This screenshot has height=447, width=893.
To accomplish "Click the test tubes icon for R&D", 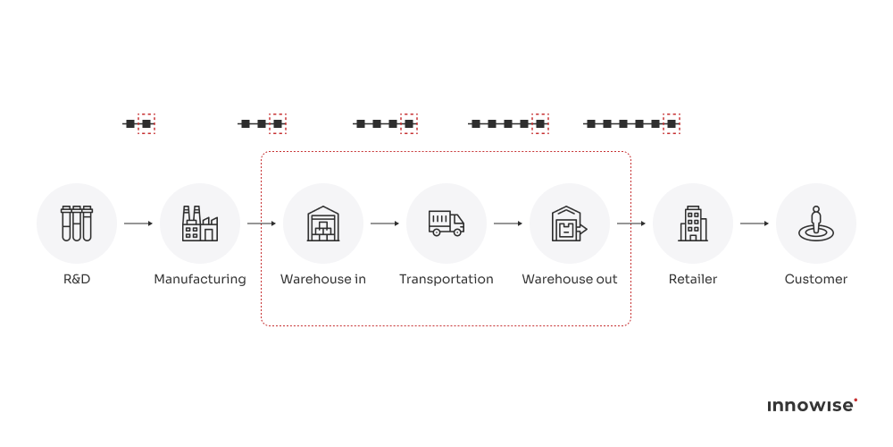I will point(77,223).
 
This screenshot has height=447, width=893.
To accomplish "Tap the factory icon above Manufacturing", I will point(200,223).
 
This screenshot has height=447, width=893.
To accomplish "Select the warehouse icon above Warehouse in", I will point(323,223).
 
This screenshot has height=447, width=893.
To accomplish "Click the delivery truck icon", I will point(446,223).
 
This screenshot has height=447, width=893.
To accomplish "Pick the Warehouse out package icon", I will point(569,223).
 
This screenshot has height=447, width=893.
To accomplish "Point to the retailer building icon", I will point(693,223).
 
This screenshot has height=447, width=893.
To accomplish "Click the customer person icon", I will point(815,223).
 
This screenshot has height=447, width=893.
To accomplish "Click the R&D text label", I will point(77,279).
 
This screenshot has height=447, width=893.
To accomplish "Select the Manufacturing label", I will point(200,279).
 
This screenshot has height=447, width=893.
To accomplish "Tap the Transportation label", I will point(446,279).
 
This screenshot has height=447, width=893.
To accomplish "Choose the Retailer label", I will point(693,279).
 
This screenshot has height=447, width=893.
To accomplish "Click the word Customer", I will point(815,279).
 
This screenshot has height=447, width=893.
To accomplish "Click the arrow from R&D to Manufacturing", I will point(138,223).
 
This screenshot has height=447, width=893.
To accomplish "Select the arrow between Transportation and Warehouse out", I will point(508,223).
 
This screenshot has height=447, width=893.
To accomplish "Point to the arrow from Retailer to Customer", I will point(755,223).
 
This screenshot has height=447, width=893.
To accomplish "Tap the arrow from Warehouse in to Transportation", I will point(385,223).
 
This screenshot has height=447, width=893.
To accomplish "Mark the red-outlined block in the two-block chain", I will point(146,123).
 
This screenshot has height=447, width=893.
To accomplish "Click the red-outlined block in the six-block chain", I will point(672,123).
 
